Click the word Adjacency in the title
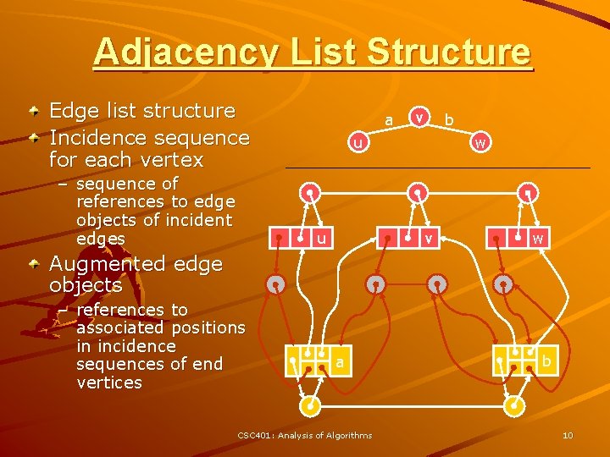pos(184,52)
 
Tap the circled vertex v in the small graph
pos(418,116)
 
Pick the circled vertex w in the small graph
pos(480,143)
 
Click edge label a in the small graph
pos(389,121)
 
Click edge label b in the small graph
pos(449,121)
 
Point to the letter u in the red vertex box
pos(321,240)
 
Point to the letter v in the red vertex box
pos(430,240)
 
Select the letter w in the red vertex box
pos(537,240)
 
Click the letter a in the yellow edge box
pos(339,362)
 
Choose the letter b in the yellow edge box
pos(547,362)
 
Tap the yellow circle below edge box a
pos(312,406)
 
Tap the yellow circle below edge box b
pos(513,406)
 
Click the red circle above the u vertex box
pos(311,192)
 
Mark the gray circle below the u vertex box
pos(276,284)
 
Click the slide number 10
pos(568,435)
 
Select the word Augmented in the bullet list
pos(99,264)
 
